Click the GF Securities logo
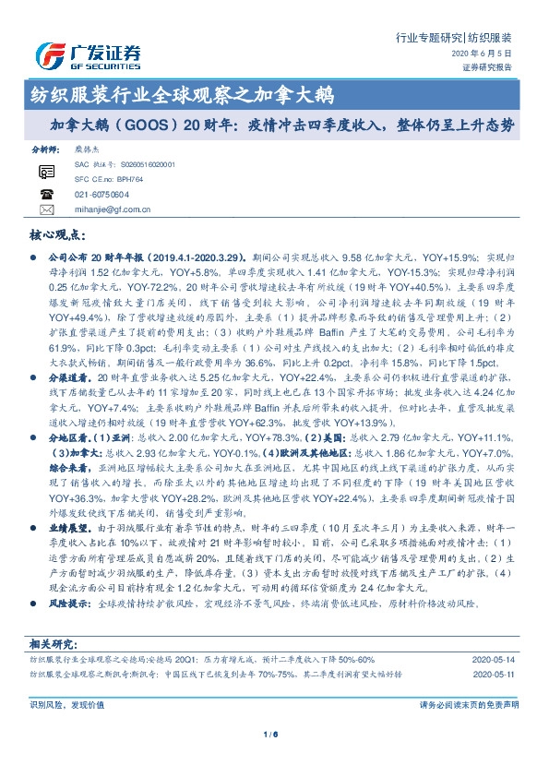88,55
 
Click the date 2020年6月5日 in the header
489,55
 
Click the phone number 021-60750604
101,195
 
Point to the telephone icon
47,195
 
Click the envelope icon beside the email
47,210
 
